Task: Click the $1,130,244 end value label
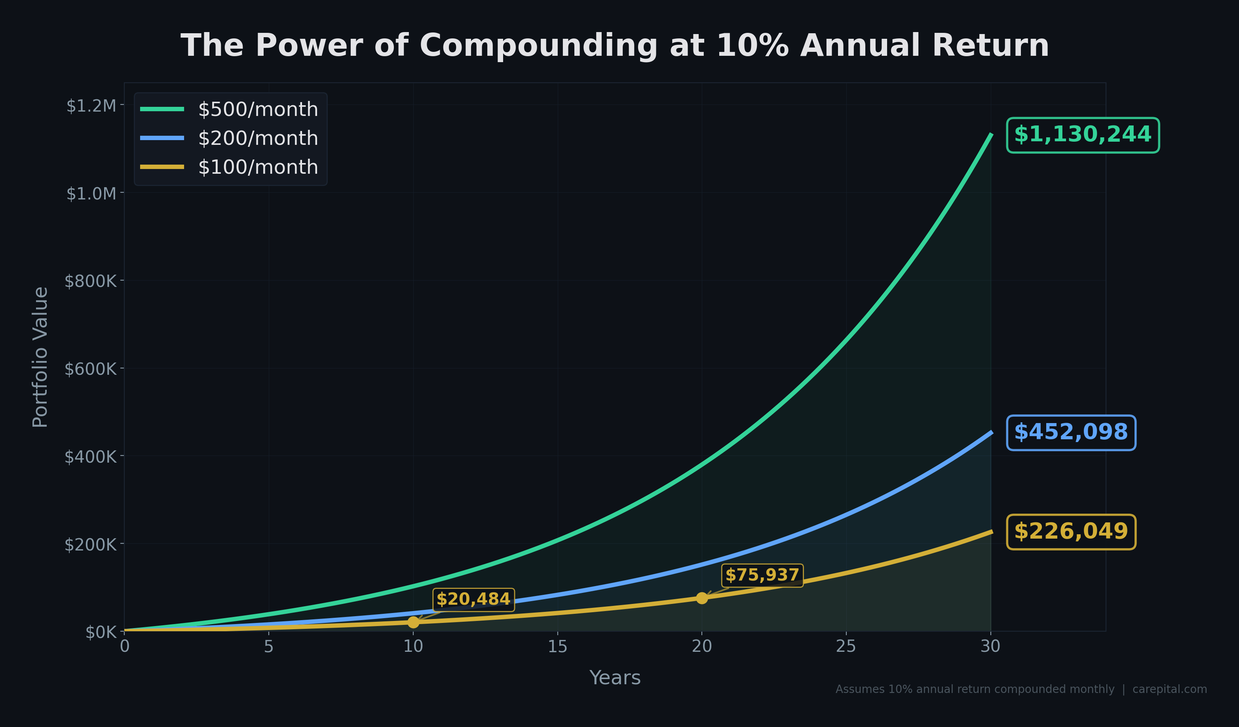(1082, 135)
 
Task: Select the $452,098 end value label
(1071, 433)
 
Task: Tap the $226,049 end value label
(1071, 532)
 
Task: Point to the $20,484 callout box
(473, 600)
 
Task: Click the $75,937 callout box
(762, 575)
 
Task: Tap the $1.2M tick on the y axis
(91, 106)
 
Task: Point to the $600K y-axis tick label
(91, 369)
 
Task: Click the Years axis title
(615, 678)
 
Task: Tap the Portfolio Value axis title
(40, 357)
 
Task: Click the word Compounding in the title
(538, 46)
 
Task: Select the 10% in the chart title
(752, 46)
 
